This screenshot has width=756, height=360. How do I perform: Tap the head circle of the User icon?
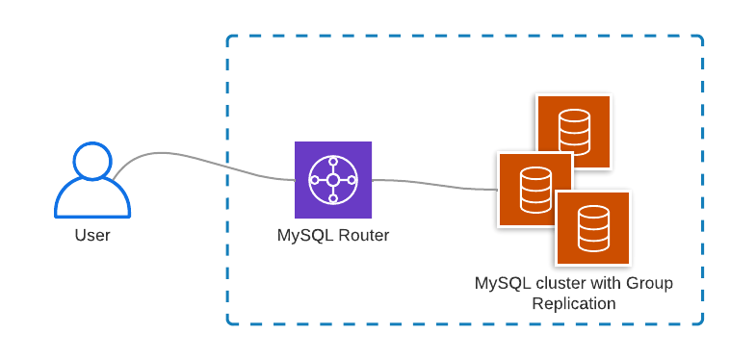tap(92, 161)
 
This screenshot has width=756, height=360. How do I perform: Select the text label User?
tap(92, 235)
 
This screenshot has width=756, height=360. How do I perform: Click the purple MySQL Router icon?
tap(332, 180)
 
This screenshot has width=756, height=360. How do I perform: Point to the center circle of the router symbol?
tap(332, 180)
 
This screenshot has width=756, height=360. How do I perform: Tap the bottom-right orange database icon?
tap(592, 228)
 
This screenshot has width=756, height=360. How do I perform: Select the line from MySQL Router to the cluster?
tap(433, 183)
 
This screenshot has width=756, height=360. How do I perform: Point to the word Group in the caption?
tap(650, 284)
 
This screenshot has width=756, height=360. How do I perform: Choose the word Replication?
tap(574, 303)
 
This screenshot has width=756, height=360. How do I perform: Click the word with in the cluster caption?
tap(603, 284)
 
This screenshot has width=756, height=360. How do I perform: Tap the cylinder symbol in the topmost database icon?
tap(574, 131)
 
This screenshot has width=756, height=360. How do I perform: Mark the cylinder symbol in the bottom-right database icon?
tap(592, 228)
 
